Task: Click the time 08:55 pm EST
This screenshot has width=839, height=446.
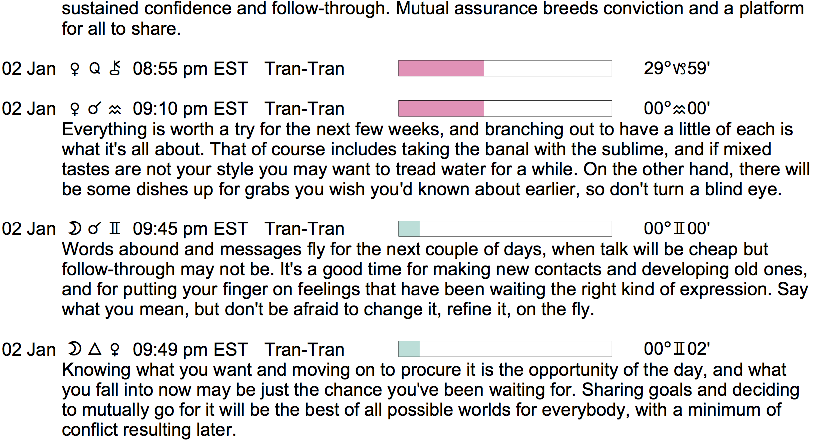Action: point(190,69)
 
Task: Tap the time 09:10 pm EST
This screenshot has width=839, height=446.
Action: point(190,109)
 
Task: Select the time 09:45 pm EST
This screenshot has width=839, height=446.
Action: point(190,229)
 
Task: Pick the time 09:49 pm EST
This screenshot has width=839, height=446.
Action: point(190,349)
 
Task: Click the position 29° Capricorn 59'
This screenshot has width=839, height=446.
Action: point(676,68)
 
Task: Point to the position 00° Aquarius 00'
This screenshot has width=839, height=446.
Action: point(676,109)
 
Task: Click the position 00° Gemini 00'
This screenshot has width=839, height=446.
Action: point(676,228)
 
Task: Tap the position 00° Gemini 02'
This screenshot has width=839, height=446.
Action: point(676,349)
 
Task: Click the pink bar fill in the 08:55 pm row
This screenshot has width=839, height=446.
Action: point(441,68)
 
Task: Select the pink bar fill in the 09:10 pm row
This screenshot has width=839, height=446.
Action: point(441,109)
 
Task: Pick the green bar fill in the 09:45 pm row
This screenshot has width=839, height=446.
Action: point(410,228)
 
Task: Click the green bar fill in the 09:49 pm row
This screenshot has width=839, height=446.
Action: point(410,349)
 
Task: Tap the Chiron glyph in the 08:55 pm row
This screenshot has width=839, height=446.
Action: point(115,68)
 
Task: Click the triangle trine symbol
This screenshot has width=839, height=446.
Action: point(95,349)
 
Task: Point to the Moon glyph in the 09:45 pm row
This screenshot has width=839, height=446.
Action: point(74,228)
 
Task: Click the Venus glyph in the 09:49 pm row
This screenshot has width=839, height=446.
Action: point(115,349)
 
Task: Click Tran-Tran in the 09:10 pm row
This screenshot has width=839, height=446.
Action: point(304,109)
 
